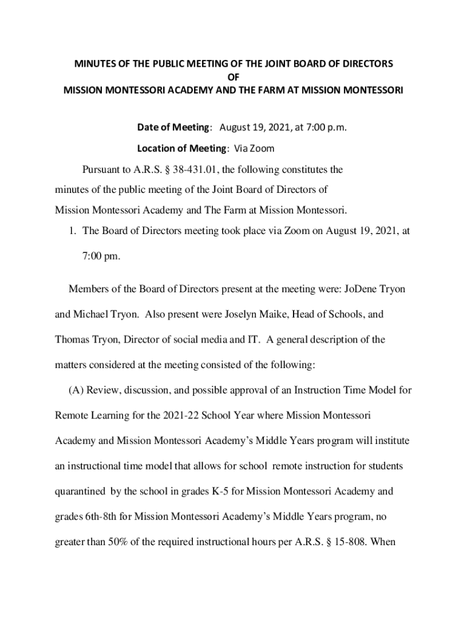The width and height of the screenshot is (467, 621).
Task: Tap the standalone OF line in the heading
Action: tap(233, 77)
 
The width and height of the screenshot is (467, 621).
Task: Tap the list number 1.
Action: tap(71, 230)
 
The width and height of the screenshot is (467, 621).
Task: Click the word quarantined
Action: tap(79, 492)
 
